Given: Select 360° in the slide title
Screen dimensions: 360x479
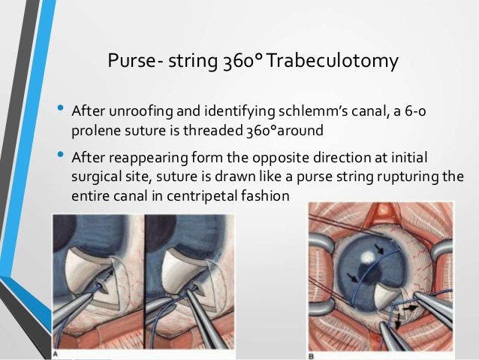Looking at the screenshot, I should tap(241, 61).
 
